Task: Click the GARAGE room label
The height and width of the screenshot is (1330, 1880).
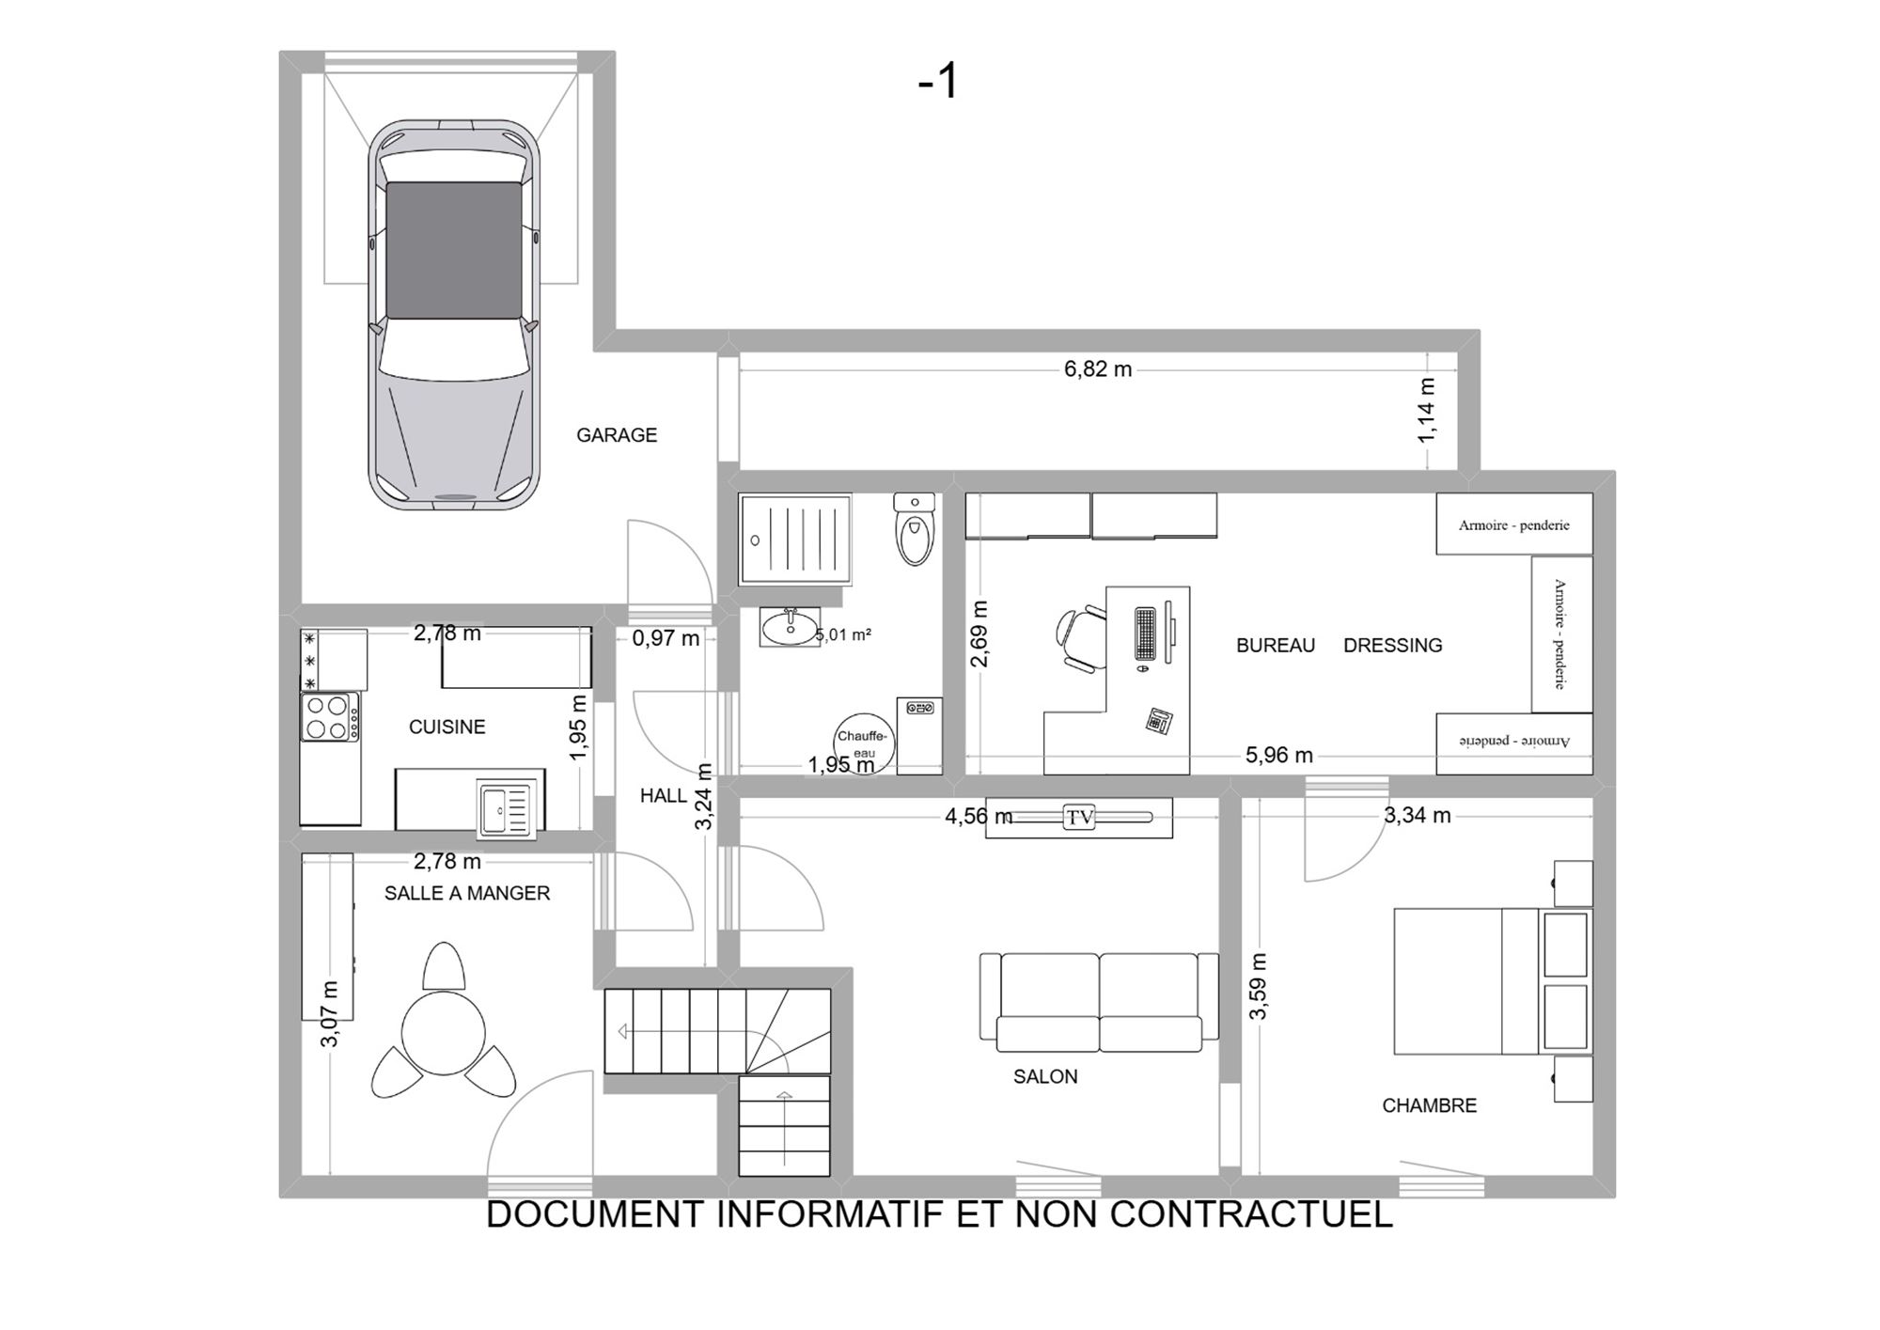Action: click(x=617, y=435)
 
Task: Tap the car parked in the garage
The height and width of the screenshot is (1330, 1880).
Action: click(x=454, y=315)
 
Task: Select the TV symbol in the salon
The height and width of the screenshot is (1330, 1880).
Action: click(x=1079, y=817)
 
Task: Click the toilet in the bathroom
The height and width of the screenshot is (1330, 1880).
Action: click(x=915, y=529)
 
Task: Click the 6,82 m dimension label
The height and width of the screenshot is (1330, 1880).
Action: click(x=1098, y=369)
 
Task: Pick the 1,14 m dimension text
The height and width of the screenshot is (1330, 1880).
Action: click(x=1427, y=411)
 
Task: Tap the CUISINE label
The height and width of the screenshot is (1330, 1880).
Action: click(x=447, y=727)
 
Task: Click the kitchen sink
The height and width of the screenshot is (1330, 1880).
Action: click(x=505, y=807)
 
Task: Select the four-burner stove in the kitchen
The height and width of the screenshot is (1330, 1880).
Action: click(x=330, y=717)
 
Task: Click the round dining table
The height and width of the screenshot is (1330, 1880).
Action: click(x=444, y=1033)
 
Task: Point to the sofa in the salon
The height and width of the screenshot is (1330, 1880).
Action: click(x=1099, y=1002)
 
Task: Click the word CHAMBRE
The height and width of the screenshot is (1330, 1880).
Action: click(x=1429, y=1105)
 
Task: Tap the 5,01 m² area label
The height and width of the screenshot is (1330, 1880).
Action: click(x=843, y=634)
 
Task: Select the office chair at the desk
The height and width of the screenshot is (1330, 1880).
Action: click(x=1081, y=639)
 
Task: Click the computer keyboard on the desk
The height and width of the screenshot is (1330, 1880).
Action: click(x=1145, y=634)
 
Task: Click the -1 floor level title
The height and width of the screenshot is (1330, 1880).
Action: click(x=937, y=81)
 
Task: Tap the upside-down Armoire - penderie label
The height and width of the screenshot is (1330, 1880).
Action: click(x=1513, y=742)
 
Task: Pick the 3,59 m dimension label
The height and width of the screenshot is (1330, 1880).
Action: click(x=1258, y=986)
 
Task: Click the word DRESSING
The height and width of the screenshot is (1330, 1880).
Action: click(x=1392, y=646)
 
